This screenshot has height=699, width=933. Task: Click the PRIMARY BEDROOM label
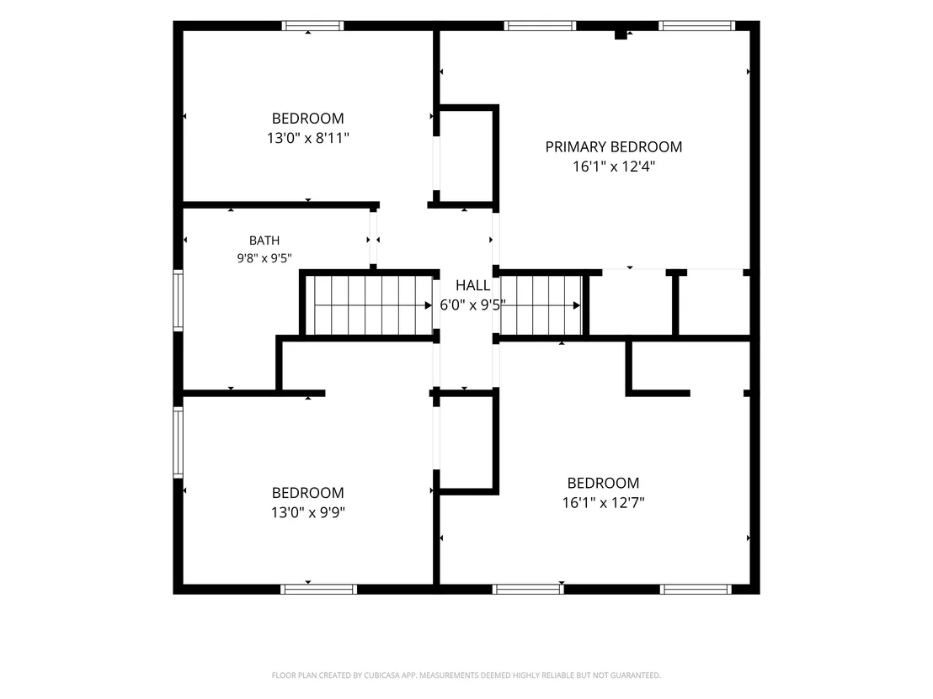[614, 147]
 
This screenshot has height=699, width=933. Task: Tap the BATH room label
[264, 240]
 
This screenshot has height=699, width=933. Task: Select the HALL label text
[473, 285]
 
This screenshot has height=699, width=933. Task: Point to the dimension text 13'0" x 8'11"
[307, 138]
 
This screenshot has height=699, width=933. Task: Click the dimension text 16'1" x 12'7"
[604, 503]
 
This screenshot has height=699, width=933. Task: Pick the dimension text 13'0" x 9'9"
[307, 512]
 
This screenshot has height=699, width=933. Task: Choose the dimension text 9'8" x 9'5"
[264, 258]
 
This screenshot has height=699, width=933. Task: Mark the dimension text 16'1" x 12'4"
[614, 167]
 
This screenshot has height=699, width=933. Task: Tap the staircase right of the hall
[541, 305]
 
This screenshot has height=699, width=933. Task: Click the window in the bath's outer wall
[178, 300]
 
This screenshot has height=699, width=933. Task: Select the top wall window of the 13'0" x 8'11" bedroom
[312, 25]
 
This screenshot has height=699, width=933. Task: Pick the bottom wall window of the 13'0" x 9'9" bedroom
[319, 589]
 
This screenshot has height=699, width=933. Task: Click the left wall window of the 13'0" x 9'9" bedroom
[178, 442]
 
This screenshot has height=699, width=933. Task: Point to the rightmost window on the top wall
[696, 25]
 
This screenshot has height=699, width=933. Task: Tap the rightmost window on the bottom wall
[696, 589]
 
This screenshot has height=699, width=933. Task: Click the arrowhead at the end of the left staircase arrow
[429, 305]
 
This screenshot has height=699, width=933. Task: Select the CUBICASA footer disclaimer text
[466, 675]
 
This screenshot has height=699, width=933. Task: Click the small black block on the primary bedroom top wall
[621, 35]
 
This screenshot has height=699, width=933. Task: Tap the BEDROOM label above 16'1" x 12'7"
[604, 483]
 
